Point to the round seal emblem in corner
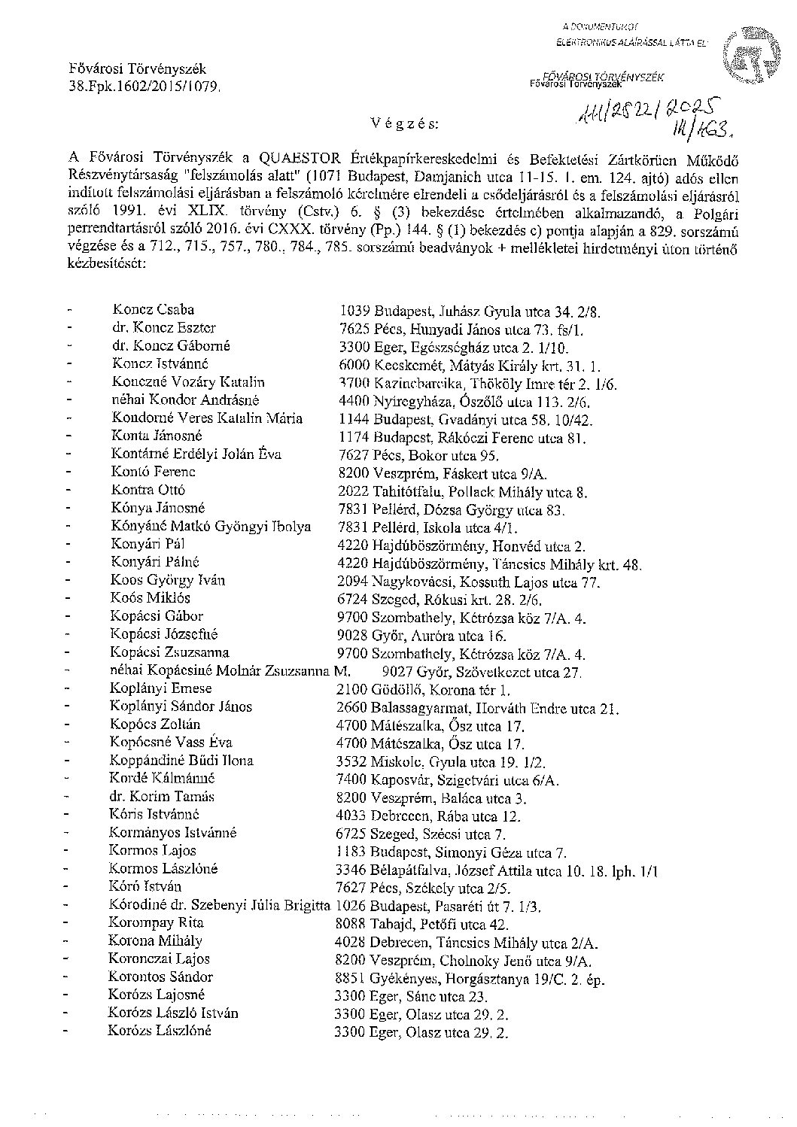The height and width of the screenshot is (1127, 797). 746,56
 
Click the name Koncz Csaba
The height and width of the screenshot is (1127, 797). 153,310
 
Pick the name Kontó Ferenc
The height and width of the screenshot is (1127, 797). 153,472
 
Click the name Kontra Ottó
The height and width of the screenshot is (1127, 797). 148,491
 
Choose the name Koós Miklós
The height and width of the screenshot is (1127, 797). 150,599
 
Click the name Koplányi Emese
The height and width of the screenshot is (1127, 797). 160,689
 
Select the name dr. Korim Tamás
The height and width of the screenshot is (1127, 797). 163,797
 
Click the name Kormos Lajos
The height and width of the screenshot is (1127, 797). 153,851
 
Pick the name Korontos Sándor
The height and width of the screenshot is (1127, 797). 160,977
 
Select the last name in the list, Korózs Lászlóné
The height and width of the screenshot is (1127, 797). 160,1031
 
